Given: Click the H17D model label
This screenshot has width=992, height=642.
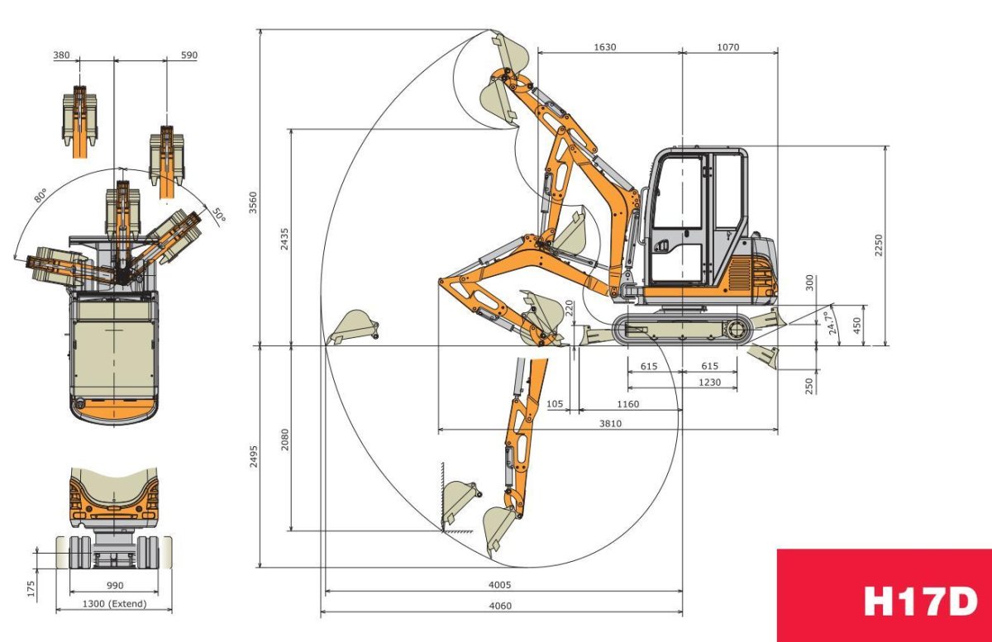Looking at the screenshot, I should [x=920, y=602].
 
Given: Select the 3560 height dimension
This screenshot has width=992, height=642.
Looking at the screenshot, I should [x=253, y=202].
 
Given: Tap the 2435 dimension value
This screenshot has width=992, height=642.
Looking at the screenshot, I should [x=284, y=238].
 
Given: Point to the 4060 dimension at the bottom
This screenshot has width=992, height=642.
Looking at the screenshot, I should [x=500, y=606].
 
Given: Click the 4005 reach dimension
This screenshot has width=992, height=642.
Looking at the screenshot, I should [x=500, y=583].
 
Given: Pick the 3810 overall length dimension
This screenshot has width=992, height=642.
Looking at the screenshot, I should [x=610, y=423].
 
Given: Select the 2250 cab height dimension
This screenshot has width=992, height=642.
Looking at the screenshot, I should [x=879, y=245].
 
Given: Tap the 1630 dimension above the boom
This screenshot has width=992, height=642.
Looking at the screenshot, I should [x=604, y=47].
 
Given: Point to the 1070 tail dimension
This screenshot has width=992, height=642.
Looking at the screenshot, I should [x=727, y=47].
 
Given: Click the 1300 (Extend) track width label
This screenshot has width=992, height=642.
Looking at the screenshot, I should [x=114, y=604].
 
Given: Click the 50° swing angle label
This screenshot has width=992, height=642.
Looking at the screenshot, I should [x=217, y=215].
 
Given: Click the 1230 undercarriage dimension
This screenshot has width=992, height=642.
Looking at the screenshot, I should [x=708, y=382].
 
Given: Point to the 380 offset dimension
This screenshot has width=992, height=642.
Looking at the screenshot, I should [x=61, y=55].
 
